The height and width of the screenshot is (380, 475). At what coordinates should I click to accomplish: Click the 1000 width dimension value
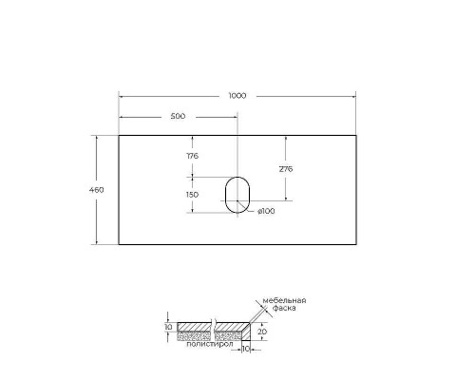[x=237, y=95]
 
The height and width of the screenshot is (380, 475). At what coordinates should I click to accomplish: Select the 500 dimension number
[x=177, y=116]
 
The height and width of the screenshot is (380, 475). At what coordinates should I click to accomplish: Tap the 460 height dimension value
[x=96, y=190]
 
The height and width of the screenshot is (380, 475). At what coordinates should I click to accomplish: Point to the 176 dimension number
[x=192, y=156]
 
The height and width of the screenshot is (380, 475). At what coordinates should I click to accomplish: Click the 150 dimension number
[x=192, y=194]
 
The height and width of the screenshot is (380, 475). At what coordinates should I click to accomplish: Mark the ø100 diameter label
[x=266, y=211]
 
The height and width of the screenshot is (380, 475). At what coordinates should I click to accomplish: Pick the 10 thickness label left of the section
[x=168, y=328]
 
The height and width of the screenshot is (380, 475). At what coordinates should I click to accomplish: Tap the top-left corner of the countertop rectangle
[x=119, y=136]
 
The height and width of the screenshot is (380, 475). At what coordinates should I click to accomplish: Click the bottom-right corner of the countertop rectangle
[x=354, y=244]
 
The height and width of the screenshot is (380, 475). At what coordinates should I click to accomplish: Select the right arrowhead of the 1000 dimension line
[x=352, y=95]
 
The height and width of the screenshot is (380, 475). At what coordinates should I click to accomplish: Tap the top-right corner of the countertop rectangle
[x=354, y=136]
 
